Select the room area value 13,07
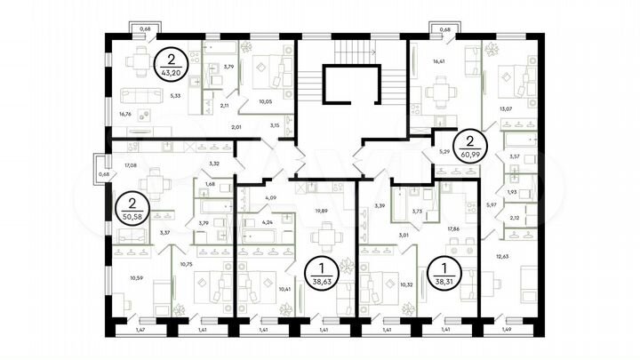pos(508,109)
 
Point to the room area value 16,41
pos(438,62)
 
